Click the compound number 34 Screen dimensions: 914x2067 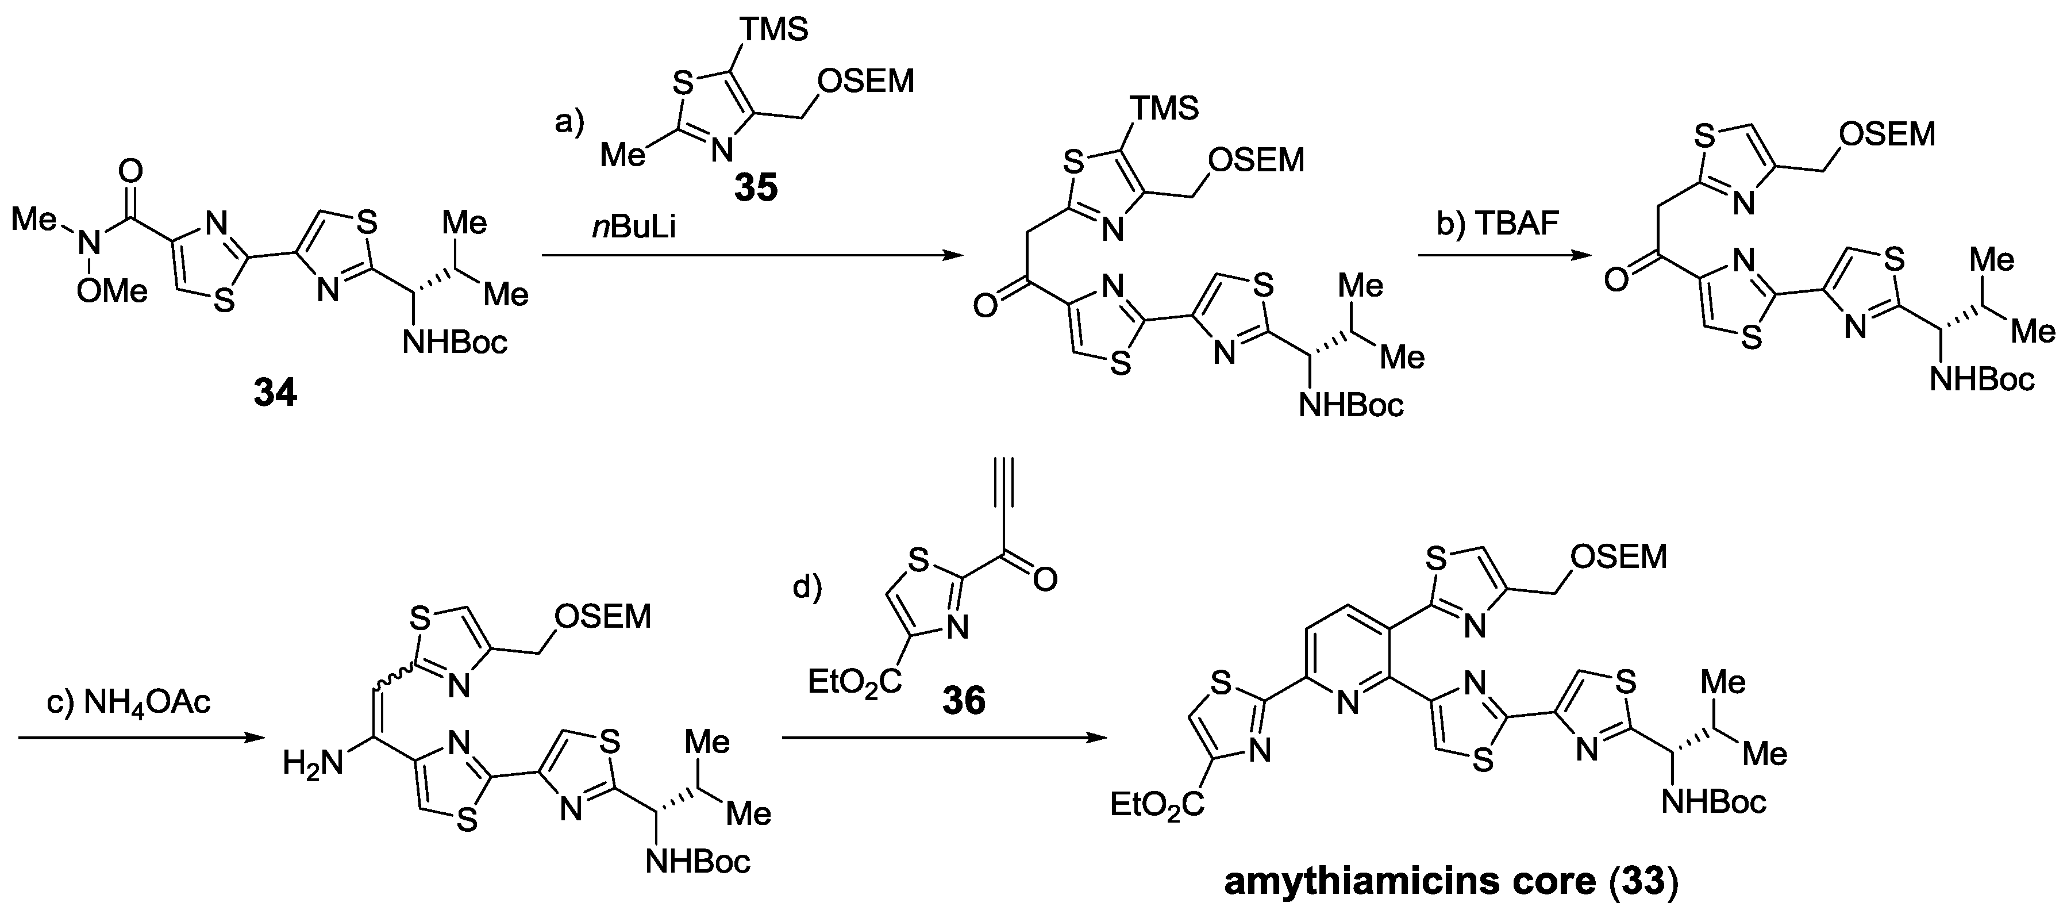coord(275,393)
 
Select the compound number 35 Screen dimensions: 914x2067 coord(756,187)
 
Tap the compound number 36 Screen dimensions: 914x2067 coord(963,701)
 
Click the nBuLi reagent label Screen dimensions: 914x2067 coord(634,228)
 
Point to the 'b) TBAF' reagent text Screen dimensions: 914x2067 coord(1498,224)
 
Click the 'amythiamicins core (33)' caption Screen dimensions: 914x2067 coord(1451,882)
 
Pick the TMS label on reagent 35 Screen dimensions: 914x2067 coord(773,30)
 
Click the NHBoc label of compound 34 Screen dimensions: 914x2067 coord(455,343)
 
